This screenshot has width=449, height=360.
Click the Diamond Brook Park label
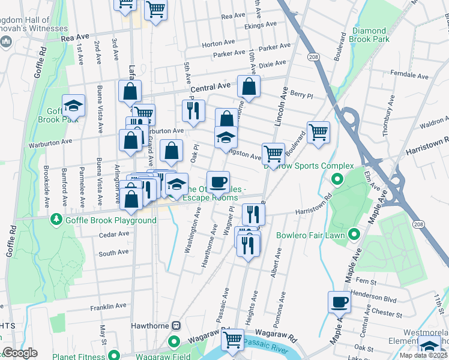(x=370, y=35)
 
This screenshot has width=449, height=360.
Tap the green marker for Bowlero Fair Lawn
(x=354, y=235)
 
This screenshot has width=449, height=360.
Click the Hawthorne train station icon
(x=176, y=326)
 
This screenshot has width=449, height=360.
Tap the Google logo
(x=20, y=353)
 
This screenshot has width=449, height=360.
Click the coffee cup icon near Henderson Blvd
(x=339, y=302)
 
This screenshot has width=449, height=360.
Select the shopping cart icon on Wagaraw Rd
(x=232, y=340)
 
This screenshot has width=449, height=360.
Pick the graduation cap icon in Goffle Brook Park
(x=74, y=106)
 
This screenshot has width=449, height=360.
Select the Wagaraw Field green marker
(x=175, y=343)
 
